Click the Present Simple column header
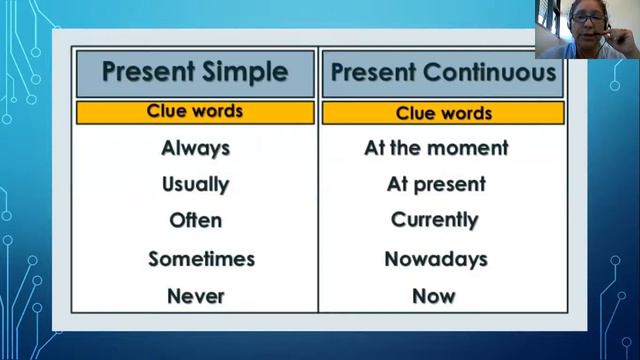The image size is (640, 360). click(x=195, y=72)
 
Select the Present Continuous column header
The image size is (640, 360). click(x=443, y=73)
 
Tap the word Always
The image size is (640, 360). click(x=195, y=148)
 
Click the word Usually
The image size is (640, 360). click(x=195, y=184)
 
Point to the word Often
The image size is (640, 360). click(x=195, y=220)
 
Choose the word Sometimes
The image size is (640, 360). click(x=201, y=259)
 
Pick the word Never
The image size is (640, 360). click(x=195, y=296)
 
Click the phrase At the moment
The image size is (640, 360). click(x=436, y=148)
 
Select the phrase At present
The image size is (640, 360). click(x=436, y=184)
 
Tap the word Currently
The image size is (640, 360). click(x=435, y=220)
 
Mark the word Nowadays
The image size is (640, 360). click(x=436, y=259)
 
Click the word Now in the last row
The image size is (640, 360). click(x=434, y=296)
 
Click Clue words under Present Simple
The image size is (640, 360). click(x=195, y=111)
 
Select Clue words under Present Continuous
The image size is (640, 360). click(x=444, y=113)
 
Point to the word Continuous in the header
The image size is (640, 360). click(x=492, y=73)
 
